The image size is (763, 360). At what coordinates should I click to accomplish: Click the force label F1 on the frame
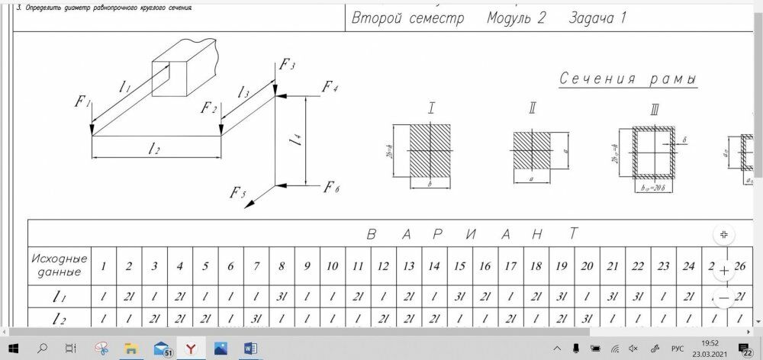point(83,102)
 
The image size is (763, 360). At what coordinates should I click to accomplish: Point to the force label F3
point(287,64)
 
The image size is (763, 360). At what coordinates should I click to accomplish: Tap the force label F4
point(330,86)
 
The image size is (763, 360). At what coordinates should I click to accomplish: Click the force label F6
point(331,188)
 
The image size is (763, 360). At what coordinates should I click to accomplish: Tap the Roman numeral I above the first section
point(431,107)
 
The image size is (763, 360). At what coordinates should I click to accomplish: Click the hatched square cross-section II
point(531,149)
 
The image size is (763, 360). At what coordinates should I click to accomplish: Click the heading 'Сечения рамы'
point(629,79)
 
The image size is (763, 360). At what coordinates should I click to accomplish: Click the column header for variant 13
point(409,266)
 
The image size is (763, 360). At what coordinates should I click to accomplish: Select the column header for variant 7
point(256,266)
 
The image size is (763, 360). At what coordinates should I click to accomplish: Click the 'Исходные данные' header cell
point(60,265)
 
